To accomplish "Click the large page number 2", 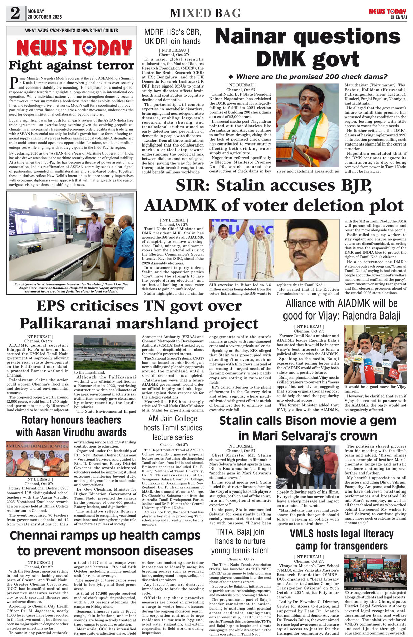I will coord(15,14).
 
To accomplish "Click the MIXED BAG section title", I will coord(205,13).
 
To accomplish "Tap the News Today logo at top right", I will coord(388,13).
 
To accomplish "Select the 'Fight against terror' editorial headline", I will coord(71,65).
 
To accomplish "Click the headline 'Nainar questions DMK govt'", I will coord(308,48).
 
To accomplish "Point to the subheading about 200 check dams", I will coord(308,77).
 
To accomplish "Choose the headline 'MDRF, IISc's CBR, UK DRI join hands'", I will coord(172,37).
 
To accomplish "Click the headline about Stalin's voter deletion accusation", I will coord(274,195).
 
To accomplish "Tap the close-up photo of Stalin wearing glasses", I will coord(309,250).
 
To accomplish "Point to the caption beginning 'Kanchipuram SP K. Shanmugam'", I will coord(71,288).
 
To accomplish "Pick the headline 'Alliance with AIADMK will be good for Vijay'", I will coord(342,309).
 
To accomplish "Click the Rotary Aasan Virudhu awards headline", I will coord(71,426).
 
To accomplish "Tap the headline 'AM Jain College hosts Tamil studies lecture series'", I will coord(172,428).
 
